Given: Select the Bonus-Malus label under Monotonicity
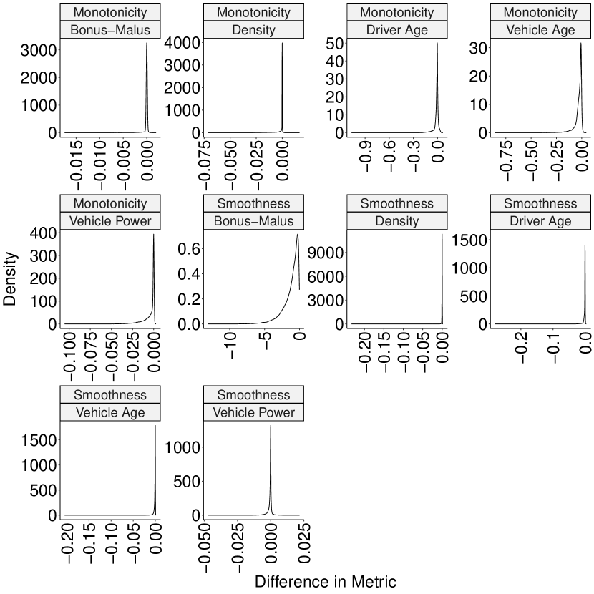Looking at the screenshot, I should [110, 30].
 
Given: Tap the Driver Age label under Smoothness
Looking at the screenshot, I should [540, 221].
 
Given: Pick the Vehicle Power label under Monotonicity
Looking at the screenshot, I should [110, 221].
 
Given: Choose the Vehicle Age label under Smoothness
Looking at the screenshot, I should [110, 413].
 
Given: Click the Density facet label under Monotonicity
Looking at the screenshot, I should [253, 30].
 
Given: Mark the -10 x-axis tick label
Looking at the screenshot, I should [230, 350].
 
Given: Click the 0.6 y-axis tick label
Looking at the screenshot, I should [187, 248].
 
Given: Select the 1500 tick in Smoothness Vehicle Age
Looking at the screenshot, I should [34, 440].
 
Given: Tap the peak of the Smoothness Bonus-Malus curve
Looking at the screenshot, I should [297, 235].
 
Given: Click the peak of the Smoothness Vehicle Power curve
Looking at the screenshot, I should [271, 427].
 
